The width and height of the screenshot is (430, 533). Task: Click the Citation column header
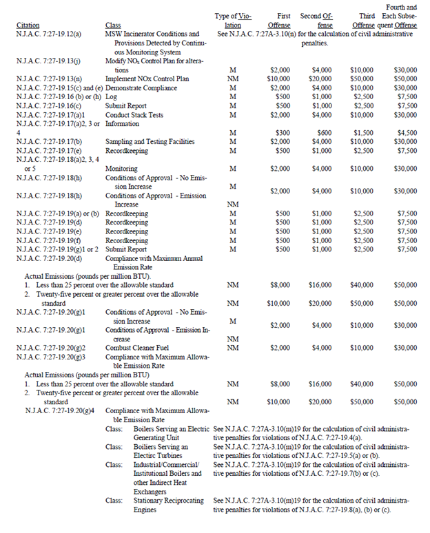point(27,25)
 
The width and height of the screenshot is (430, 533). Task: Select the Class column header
point(113,25)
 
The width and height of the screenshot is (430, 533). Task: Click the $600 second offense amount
point(321,132)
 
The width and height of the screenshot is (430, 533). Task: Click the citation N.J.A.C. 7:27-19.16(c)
point(49,105)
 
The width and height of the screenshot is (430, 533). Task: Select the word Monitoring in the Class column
point(121,168)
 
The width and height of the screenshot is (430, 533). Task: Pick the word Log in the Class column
point(111,96)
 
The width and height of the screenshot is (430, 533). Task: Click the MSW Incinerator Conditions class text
point(152,34)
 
